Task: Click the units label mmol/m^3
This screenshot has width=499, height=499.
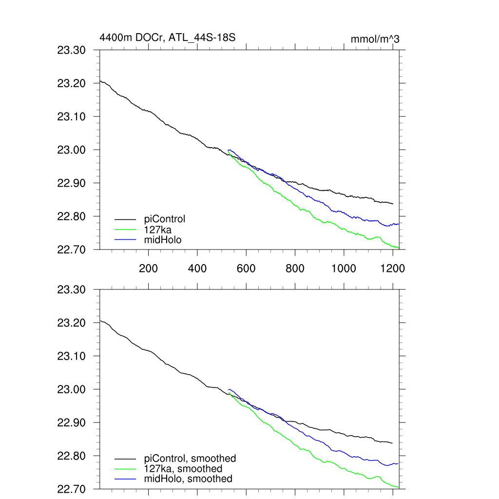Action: [x=375, y=39]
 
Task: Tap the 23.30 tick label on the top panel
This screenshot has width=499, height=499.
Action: [x=71, y=50]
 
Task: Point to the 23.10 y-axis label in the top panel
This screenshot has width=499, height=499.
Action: [x=71, y=116]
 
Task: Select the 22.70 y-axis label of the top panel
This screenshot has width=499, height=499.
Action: [x=71, y=249]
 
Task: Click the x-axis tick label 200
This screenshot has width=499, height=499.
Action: [x=148, y=268]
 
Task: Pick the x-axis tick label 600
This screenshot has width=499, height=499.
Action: [x=246, y=268]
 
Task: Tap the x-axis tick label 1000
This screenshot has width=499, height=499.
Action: [x=344, y=268]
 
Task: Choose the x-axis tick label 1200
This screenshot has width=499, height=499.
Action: [x=393, y=268]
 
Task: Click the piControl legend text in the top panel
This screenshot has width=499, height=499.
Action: [x=165, y=219]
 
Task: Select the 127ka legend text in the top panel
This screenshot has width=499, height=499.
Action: [x=158, y=229]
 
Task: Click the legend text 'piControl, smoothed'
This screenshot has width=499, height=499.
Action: [x=190, y=458]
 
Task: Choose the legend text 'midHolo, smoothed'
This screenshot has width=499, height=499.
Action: [x=188, y=479]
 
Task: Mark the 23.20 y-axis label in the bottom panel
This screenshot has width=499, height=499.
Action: [x=71, y=323]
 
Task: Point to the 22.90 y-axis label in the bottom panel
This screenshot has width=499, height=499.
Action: [x=71, y=422]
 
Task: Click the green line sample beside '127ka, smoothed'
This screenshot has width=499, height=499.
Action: [x=125, y=469]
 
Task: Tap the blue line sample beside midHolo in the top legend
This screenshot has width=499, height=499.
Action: [x=125, y=240]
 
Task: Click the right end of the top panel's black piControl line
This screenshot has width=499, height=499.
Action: [x=392, y=203]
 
